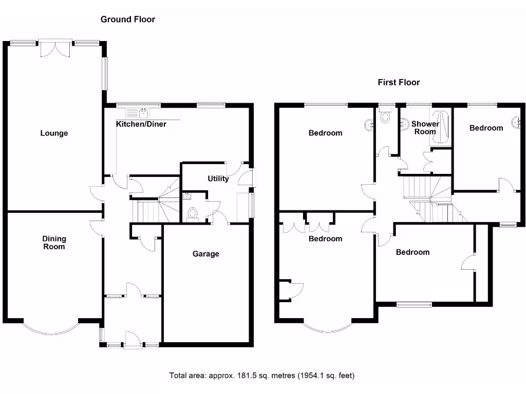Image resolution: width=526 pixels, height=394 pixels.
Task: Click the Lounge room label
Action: pos(54,133)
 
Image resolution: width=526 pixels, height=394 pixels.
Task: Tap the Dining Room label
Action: pos(54,243)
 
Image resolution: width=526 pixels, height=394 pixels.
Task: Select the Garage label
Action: pos(206,254)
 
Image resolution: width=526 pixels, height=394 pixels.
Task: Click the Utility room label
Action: pos(218,179)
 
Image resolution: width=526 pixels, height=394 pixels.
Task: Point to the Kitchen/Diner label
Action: pos(141,124)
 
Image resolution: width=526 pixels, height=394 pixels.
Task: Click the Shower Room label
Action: pos(425,128)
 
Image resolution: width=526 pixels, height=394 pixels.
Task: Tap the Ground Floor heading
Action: pos(127,19)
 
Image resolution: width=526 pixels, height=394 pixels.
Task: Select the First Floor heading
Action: pos(399,82)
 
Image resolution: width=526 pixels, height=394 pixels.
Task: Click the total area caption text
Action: pos(262,376)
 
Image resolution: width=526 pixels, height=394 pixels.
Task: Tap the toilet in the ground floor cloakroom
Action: pos(193,214)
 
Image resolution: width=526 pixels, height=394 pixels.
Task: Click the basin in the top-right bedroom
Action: pos(519,122)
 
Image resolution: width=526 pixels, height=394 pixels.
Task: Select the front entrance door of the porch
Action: pos(132,340)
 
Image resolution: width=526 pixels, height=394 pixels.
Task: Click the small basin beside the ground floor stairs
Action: pos(186,195)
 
